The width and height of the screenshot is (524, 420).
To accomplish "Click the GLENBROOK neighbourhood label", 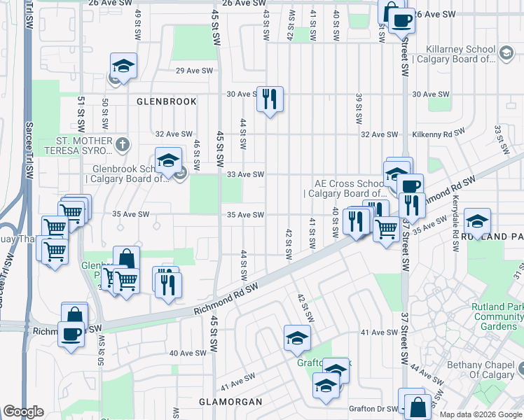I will click(x=167, y=101).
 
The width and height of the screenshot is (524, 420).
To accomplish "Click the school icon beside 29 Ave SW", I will click(x=123, y=66).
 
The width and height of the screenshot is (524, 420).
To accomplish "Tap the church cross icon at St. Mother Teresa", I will click(x=123, y=145).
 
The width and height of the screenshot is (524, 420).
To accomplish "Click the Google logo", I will click(x=23, y=412).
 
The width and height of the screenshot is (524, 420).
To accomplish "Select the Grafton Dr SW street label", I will click(x=371, y=408).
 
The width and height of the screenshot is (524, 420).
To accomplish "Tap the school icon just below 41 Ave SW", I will click(x=297, y=338).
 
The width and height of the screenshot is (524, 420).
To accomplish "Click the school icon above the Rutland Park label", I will click(x=477, y=221).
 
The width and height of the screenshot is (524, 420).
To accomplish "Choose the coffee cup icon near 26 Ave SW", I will click(x=401, y=21).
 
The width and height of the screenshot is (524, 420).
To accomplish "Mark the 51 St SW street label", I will click(x=82, y=110).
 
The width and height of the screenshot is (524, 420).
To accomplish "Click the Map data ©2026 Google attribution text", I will click(x=481, y=414).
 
